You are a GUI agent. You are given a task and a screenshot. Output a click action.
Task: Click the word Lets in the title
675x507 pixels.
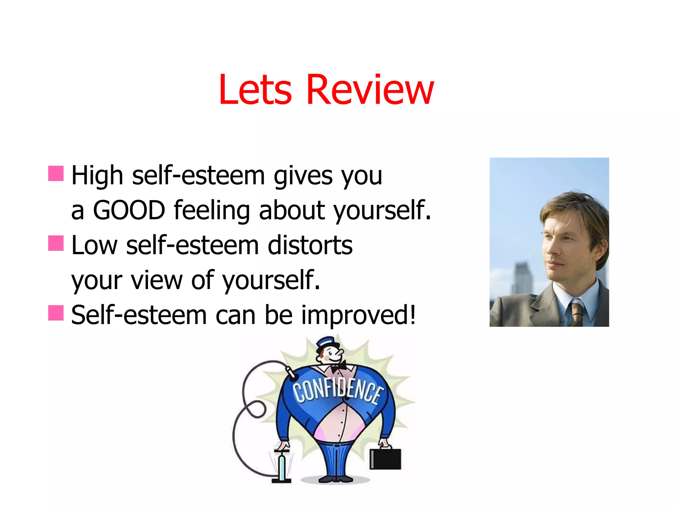click(255, 90)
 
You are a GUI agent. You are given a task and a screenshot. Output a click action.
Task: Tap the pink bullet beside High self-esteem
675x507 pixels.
click(56, 174)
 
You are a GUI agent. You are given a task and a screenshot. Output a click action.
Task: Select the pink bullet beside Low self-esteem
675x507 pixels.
click(56, 243)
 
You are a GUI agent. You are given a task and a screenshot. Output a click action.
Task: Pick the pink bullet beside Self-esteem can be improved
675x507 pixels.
click(56, 313)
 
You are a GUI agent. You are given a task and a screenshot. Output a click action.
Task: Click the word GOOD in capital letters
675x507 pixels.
click(129, 210)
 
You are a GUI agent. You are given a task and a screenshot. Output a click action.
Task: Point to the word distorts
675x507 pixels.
click(310, 246)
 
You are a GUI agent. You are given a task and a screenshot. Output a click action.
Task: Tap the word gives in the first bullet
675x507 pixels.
click(303, 176)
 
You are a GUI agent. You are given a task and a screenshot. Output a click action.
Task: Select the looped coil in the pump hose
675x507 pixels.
click(255, 409)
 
